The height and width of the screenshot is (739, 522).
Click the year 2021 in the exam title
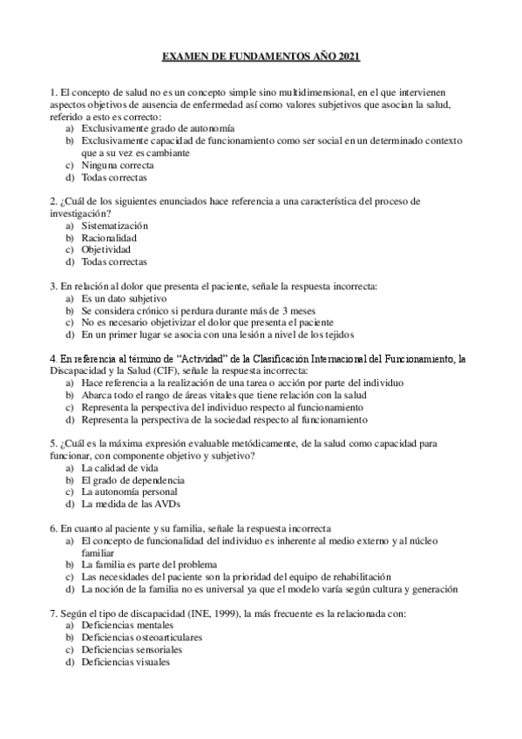tap(347, 57)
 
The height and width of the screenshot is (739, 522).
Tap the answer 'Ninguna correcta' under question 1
tap(118, 165)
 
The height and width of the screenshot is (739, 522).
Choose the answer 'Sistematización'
tap(121, 225)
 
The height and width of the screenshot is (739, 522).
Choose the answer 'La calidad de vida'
tap(121, 467)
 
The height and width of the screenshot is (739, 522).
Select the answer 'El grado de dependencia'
tap(132, 479)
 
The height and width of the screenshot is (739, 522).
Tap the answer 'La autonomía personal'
tap(129, 492)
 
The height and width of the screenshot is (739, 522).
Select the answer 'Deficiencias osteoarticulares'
tap(141, 637)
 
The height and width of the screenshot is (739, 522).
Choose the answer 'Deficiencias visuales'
tap(125, 661)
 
